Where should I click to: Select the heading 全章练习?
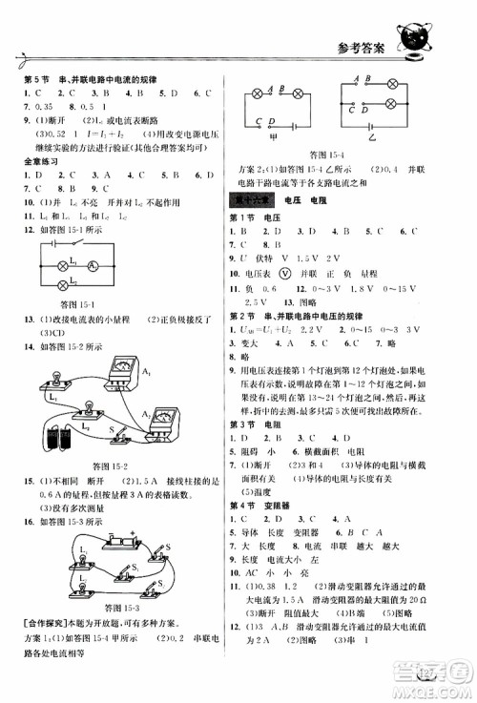click(x=39, y=164)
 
